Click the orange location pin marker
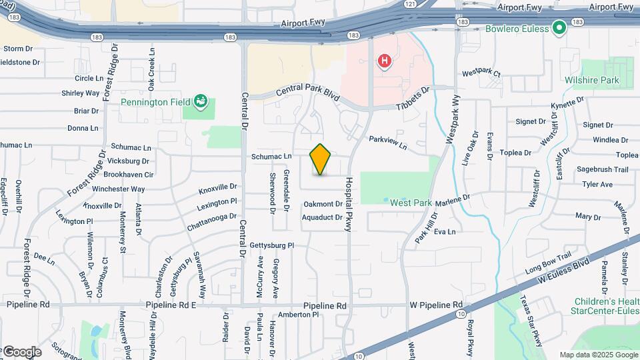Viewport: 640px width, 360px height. [x=321, y=160]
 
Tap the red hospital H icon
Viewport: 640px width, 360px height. [x=385, y=63]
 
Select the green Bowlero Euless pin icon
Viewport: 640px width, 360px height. [x=559, y=29]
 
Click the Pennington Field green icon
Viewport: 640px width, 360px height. [x=200, y=102]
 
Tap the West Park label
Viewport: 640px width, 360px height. [x=411, y=203]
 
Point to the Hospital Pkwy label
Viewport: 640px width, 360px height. [x=348, y=205]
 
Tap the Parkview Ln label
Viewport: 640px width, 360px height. [x=387, y=143]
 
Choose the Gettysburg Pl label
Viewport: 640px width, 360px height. [x=271, y=245]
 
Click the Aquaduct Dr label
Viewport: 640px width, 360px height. [x=322, y=217]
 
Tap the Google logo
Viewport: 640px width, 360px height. [x=21, y=352]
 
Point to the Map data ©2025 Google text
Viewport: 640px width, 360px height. [x=598, y=355]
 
